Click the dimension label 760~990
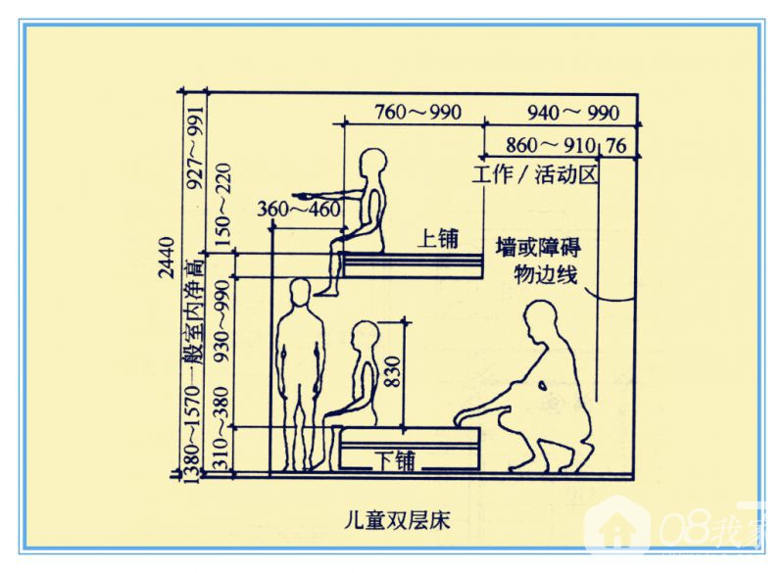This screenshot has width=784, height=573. (417, 111)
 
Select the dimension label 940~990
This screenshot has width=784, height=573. (573, 111)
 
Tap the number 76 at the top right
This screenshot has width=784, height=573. (616, 146)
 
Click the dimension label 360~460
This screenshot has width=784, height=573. (299, 210)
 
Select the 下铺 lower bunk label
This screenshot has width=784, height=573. (397, 456)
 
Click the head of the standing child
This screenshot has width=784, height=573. (300, 290)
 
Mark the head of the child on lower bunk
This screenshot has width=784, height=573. (364, 335)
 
